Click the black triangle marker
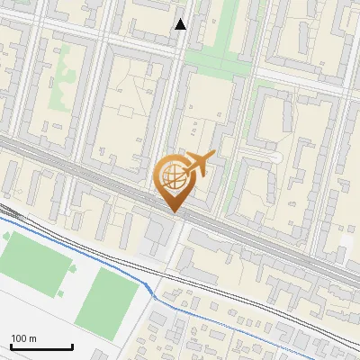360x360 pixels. pos(181,24)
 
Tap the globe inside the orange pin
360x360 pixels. pos(173,176)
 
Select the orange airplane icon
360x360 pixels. pos(200,164)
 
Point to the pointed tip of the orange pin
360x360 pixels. pos(173,211)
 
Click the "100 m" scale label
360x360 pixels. pos(23,338)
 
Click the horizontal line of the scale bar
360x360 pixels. pos(41,347)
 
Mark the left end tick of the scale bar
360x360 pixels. pos(11,346)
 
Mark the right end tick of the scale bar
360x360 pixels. pos(72,346)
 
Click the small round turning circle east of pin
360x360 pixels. pos(276,158)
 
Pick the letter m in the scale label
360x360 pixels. pos(31,338)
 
